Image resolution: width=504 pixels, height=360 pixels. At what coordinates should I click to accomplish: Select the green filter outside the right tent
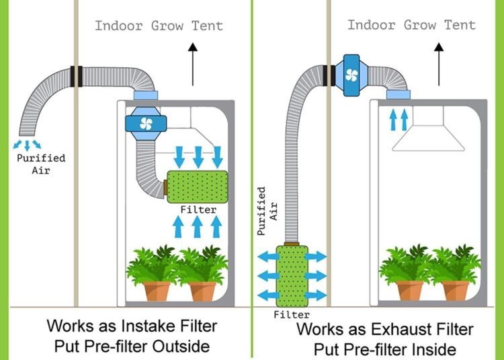(292, 275)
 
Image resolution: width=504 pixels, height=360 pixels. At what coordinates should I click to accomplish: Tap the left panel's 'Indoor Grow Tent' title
(159, 26)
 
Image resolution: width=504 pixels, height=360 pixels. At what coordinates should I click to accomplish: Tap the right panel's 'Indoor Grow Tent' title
(411, 26)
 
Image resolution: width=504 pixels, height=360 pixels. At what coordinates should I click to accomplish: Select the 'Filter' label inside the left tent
(198, 210)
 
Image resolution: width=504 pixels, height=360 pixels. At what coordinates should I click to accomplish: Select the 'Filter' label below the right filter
(292, 314)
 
